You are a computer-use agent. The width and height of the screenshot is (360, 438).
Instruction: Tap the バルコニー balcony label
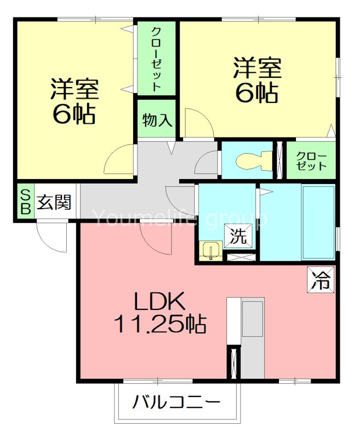pyautogui.click(x=176, y=404)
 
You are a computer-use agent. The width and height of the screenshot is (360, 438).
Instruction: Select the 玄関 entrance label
pyautogui.click(x=54, y=202)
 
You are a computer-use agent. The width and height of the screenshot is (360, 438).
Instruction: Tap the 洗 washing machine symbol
pyautogui.click(x=239, y=237)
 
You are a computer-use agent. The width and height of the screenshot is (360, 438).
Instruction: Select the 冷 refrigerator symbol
pyautogui.click(x=320, y=280)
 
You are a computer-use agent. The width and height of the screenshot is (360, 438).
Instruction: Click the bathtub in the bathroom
pyautogui.click(x=317, y=222)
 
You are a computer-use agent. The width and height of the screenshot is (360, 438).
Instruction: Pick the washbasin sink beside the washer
pyautogui.click(x=210, y=251)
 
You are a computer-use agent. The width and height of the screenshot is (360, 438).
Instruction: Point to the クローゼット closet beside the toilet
pyautogui.click(x=311, y=160)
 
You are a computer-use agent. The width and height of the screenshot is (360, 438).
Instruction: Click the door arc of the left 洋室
pyautogui.click(x=119, y=158)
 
